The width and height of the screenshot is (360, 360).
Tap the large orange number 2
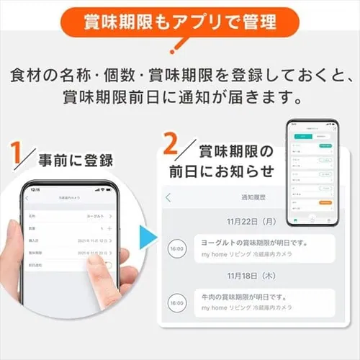point(171,144)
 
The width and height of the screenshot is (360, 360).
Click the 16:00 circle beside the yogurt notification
point(176,248)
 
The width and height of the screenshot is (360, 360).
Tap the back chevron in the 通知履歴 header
point(168,197)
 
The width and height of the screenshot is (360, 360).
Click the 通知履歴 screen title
point(253,197)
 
